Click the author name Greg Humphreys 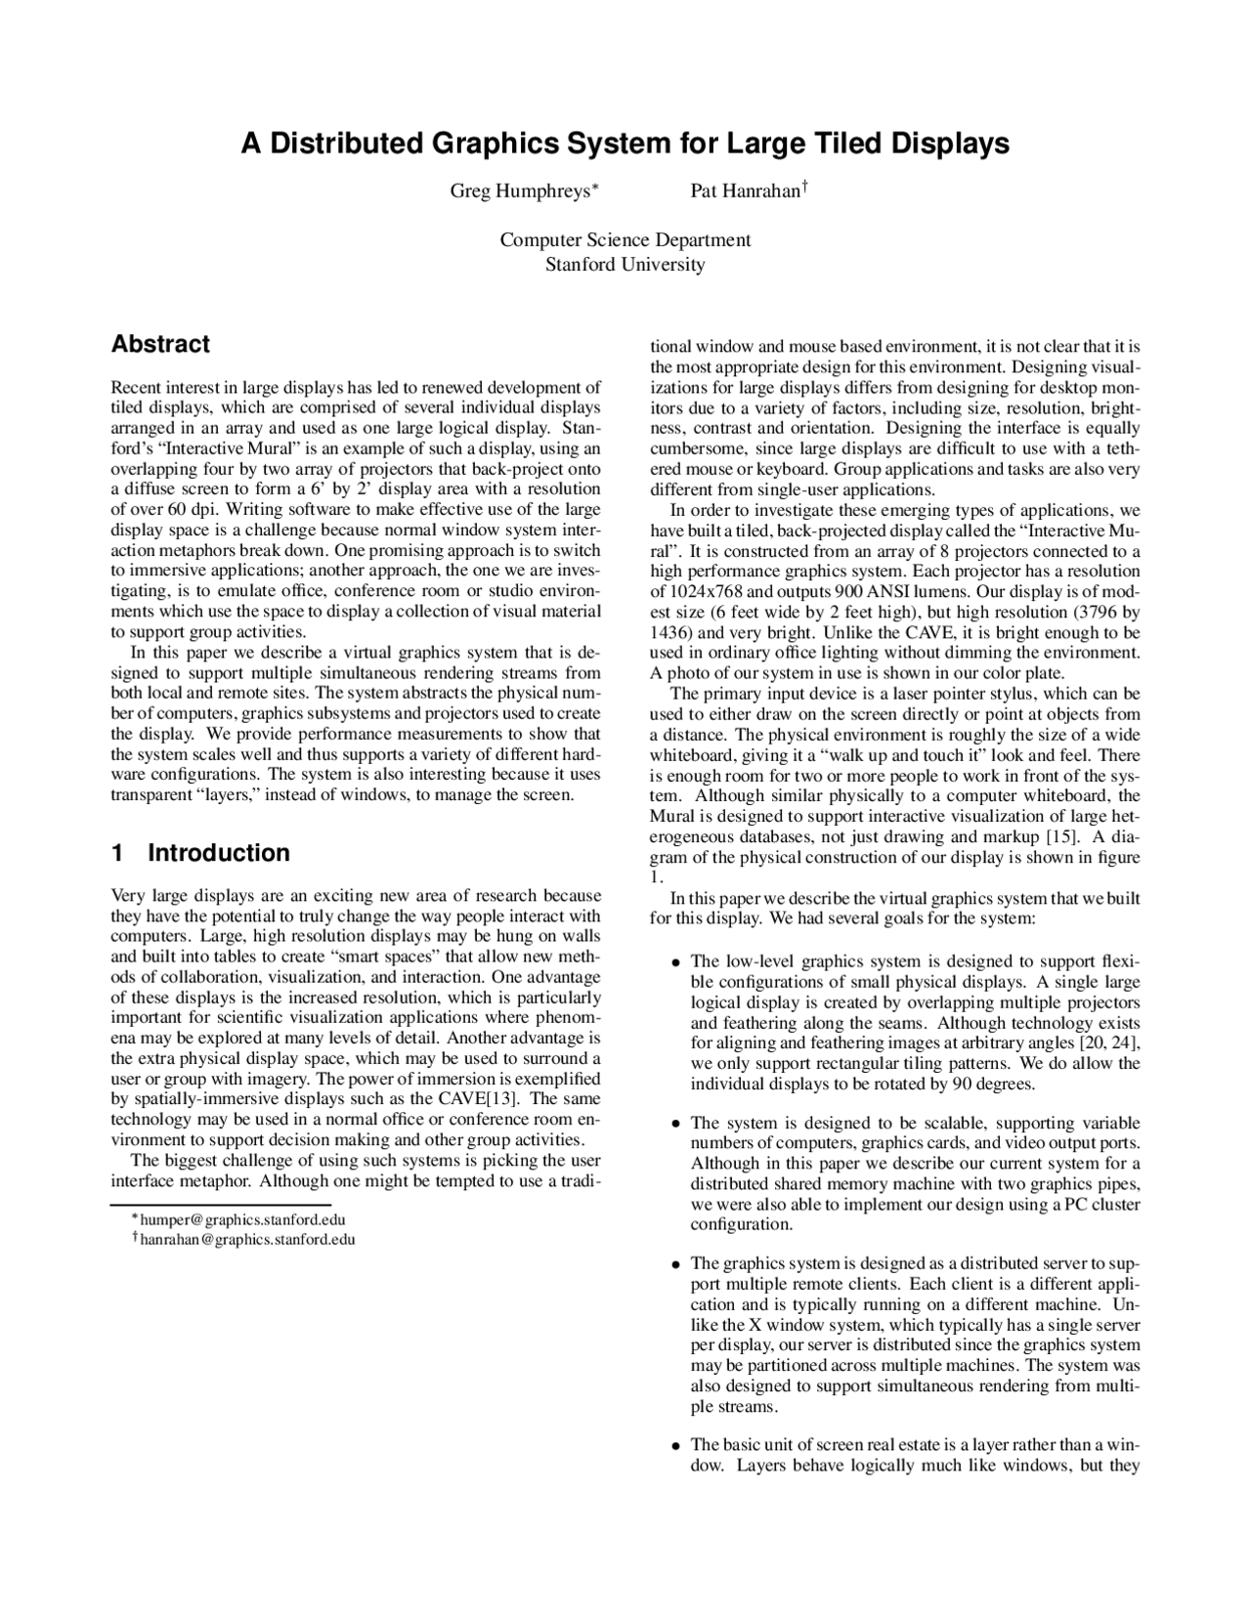click(x=519, y=191)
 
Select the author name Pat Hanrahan click(x=744, y=191)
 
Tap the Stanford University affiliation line click(x=625, y=264)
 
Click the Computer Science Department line click(x=625, y=240)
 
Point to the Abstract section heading click(x=160, y=344)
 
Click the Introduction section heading click(x=218, y=853)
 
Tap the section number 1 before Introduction click(x=117, y=853)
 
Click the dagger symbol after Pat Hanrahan click(x=803, y=185)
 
